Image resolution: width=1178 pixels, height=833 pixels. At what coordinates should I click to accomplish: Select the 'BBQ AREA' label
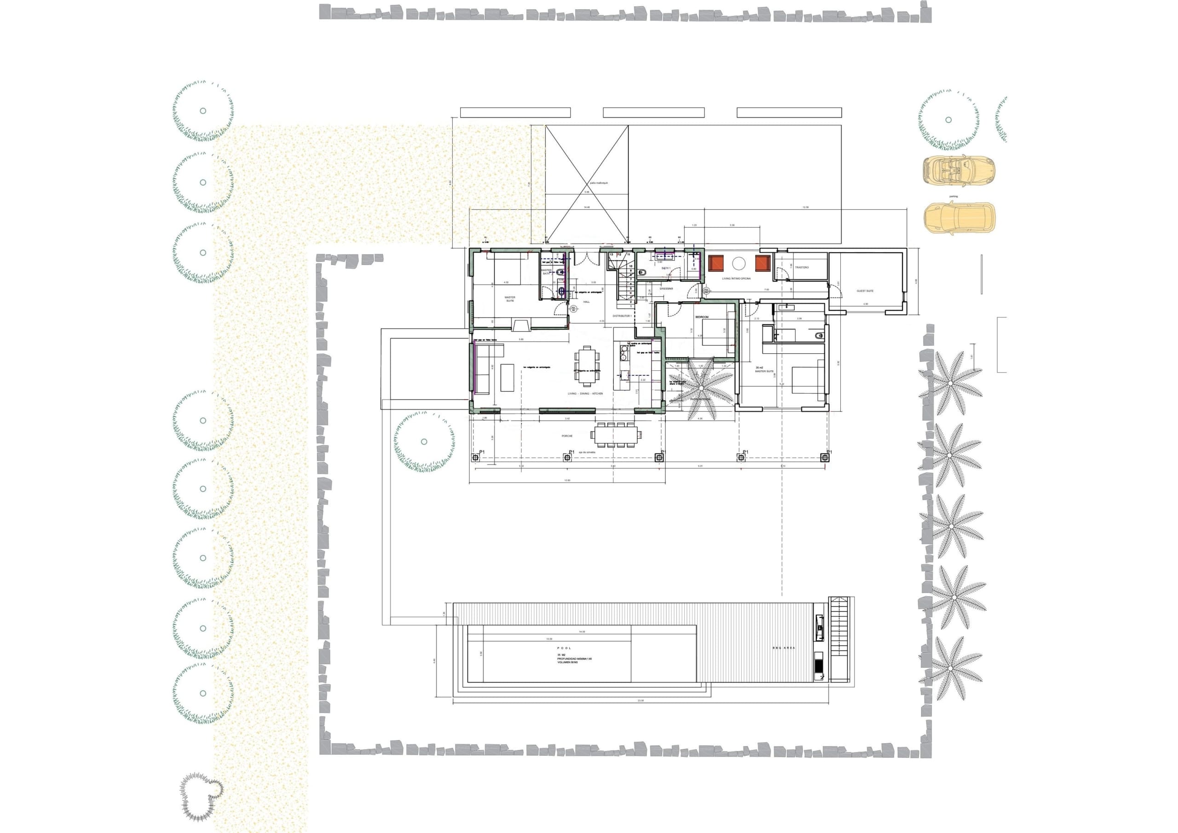click(x=784, y=648)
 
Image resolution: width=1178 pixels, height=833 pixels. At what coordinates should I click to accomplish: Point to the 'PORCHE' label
click(x=567, y=436)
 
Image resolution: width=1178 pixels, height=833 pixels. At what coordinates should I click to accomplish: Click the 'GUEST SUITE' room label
click(x=865, y=291)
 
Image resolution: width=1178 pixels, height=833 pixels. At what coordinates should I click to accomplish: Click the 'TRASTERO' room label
click(x=802, y=267)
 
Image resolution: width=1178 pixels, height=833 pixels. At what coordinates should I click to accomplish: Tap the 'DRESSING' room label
click(x=666, y=288)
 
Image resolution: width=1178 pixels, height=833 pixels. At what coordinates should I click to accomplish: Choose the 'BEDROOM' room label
click(x=701, y=317)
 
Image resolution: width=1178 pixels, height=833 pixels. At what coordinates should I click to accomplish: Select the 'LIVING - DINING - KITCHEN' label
click(x=585, y=393)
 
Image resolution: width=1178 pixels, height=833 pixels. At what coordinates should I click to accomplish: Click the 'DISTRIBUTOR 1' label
click(x=622, y=316)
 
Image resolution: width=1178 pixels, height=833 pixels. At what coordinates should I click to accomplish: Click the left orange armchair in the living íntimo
click(x=715, y=264)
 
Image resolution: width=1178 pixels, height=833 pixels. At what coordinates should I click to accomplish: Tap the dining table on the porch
click(x=615, y=436)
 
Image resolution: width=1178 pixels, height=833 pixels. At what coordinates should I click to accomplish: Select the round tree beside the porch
click(x=424, y=442)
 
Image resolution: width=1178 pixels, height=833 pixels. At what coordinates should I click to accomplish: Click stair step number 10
click(x=630, y=266)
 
